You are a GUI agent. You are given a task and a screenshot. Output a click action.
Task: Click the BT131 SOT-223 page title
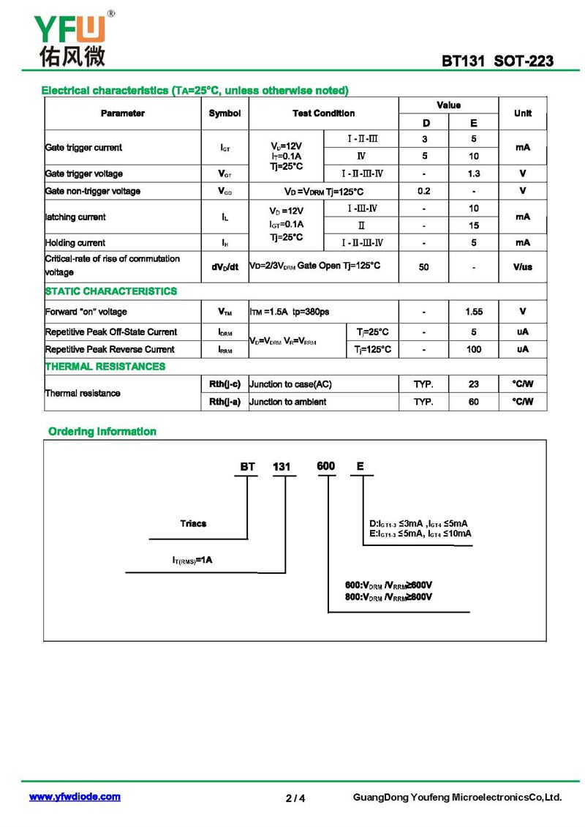click(497, 61)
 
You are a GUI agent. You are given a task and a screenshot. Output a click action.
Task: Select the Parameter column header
click(122, 113)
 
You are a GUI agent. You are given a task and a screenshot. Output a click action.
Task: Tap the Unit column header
click(522, 113)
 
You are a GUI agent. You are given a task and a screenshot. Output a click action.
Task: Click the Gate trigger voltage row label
click(84, 173)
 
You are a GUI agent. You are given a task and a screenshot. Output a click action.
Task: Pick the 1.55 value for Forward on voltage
click(473, 312)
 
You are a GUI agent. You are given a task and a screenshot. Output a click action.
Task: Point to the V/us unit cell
click(522, 267)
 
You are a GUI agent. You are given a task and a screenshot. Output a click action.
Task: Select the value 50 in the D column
click(424, 267)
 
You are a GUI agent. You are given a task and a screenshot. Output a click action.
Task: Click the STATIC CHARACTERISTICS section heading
click(111, 291)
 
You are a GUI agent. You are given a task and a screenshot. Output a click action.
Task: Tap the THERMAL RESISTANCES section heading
click(105, 366)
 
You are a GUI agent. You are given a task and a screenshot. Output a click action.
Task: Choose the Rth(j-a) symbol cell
click(224, 402)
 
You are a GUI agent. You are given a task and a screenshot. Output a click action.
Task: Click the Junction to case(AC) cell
click(290, 384)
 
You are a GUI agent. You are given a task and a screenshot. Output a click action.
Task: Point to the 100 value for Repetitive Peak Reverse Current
click(473, 350)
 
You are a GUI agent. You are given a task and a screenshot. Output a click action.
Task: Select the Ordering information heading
click(102, 432)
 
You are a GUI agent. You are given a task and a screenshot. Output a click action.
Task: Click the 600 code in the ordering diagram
click(325, 466)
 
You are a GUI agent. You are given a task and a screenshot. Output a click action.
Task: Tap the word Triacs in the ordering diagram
click(193, 523)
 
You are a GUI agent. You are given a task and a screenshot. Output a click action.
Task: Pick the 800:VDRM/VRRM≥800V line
click(388, 597)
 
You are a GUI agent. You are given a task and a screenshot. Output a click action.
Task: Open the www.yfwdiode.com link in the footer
click(75, 797)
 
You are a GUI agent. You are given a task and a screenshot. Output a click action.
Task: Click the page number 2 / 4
click(295, 798)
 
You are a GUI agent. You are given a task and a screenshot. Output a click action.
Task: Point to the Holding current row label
click(75, 243)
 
